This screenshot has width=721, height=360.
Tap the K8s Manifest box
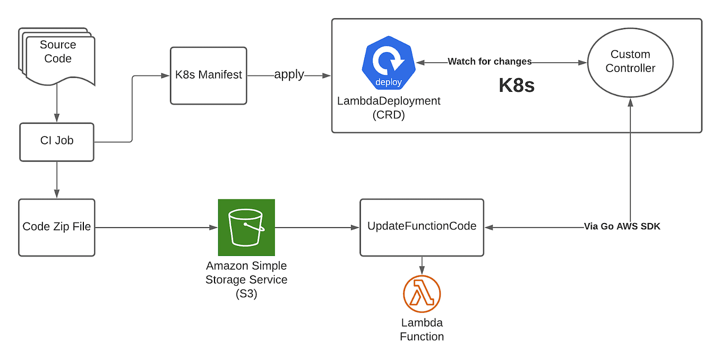coord(208,75)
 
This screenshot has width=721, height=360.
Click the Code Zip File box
coord(57,227)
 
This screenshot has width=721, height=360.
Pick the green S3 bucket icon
coord(246,227)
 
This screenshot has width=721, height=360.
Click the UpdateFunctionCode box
coord(422,227)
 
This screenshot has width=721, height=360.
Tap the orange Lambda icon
coord(422,294)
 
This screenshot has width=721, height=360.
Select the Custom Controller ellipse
coord(630,62)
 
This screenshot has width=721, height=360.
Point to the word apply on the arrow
coord(289,75)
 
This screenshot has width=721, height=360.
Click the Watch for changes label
coord(490,62)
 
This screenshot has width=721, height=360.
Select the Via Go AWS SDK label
coord(622,227)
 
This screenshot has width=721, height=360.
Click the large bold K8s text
coord(516,86)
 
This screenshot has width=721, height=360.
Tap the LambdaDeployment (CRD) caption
coord(389,107)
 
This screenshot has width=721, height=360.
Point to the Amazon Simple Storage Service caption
coord(246,279)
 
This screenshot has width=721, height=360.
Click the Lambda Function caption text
coord(422,330)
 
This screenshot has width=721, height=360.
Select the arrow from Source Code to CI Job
coord(57,104)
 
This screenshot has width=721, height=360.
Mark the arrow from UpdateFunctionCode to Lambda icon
coord(422,263)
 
